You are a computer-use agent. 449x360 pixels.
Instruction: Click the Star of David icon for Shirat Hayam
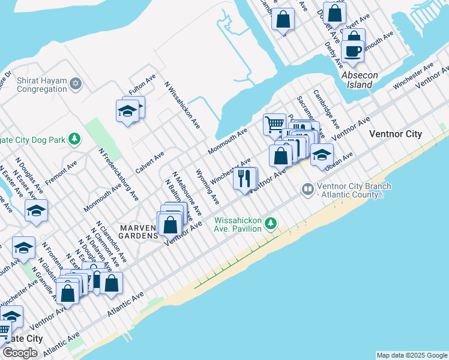[x=75, y=82]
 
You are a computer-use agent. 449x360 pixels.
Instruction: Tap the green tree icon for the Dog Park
[x=74, y=140]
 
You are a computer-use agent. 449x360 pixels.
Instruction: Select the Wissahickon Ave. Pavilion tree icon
[x=271, y=223]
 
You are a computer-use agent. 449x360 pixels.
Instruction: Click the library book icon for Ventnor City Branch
[x=308, y=190]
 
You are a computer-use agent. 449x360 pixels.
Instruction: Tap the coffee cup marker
[x=353, y=50]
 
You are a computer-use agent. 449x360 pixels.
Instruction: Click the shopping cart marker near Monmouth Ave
[x=274, y=124]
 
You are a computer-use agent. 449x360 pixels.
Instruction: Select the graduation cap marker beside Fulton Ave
[x=128, y=111]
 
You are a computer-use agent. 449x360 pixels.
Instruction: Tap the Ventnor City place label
[x=396, y=134]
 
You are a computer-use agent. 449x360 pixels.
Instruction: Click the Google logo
[x=20, y=353]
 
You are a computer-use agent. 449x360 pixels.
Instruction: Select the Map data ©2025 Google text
[x=412, y=355]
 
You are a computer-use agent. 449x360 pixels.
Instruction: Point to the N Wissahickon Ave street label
[x=182, y=105]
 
